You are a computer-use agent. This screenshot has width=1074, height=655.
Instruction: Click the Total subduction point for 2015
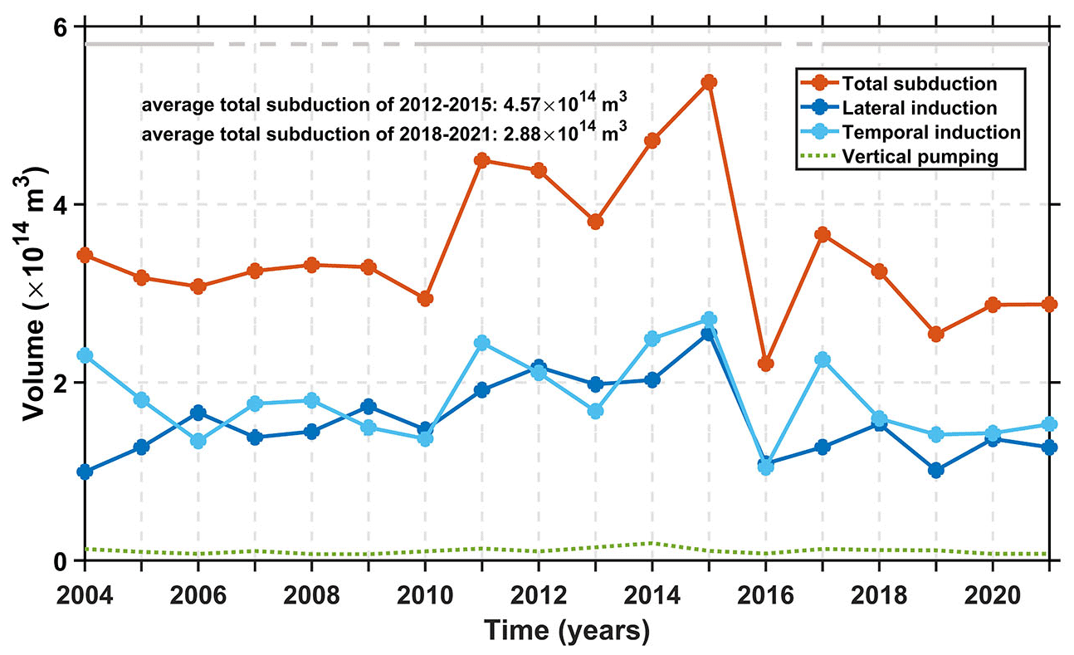(708, 82)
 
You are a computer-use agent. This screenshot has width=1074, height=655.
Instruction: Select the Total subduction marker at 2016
(765, 364)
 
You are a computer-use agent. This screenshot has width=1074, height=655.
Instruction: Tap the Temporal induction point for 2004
(85, 355)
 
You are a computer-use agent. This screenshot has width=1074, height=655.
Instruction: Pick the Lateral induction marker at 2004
(85, 472)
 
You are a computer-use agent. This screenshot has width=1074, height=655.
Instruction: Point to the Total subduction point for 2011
(481, 160)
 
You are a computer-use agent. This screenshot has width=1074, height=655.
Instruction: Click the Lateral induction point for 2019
(935, 470)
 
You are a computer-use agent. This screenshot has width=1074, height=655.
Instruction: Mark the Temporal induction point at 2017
(822, 359)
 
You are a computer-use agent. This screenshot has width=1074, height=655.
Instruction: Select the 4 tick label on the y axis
(60, 204)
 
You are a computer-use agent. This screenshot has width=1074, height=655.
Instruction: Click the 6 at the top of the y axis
(60, 27)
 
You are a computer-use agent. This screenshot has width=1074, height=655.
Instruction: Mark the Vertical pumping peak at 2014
(652, 543)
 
